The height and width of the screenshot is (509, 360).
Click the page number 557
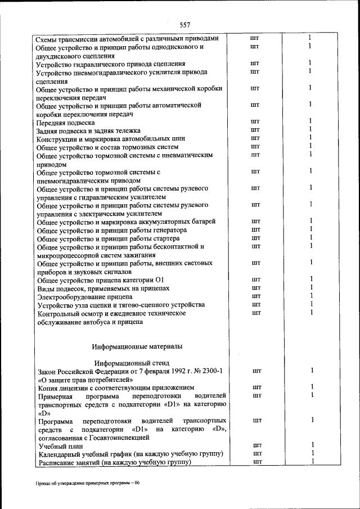(x=185, y=25)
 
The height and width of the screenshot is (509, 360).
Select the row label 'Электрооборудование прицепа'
(x=84, y=296)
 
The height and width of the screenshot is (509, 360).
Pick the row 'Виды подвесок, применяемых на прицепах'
(x=102, y=288)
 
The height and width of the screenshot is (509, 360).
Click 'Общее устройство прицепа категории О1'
(x=100, y=280)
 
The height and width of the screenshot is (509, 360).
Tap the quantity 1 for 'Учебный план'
(x=311, y=445)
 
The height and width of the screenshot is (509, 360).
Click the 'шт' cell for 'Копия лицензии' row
(x=257, y=388)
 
